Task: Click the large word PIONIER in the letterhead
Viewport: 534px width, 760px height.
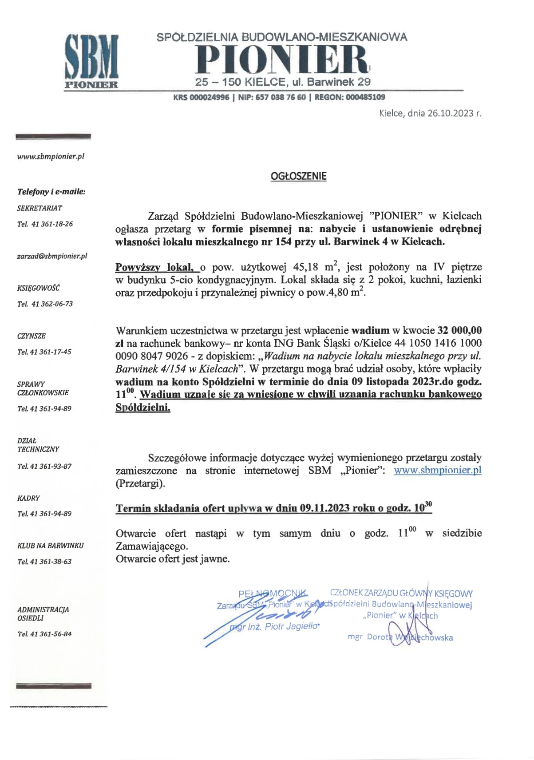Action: point(283,59)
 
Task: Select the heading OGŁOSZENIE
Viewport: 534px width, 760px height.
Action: point(298,176)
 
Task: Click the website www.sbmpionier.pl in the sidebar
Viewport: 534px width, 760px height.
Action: point(51,156)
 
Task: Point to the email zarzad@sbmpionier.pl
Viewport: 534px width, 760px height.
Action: point(52,256)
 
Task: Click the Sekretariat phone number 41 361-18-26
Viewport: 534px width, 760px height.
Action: point(52,224)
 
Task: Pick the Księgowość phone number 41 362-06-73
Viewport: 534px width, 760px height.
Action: point(52,304)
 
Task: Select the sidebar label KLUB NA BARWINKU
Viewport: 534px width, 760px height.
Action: point(51,546)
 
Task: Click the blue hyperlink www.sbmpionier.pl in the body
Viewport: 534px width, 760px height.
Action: point(437,470)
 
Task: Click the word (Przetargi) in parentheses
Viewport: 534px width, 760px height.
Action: point(140,483)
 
